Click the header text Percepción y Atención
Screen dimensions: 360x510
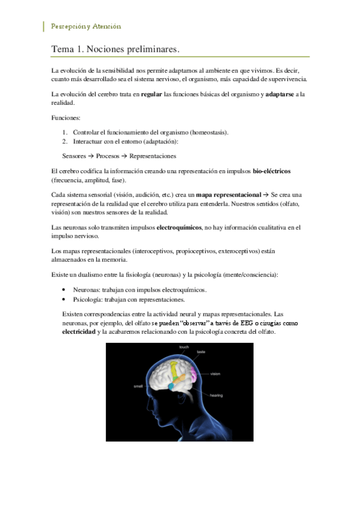pos(86,26)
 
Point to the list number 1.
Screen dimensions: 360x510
pos(65,132)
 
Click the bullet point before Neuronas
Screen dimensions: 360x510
pos(64,290)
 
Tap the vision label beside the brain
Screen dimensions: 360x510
pos(216,374)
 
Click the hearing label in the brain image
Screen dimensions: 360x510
pos(217,395)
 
